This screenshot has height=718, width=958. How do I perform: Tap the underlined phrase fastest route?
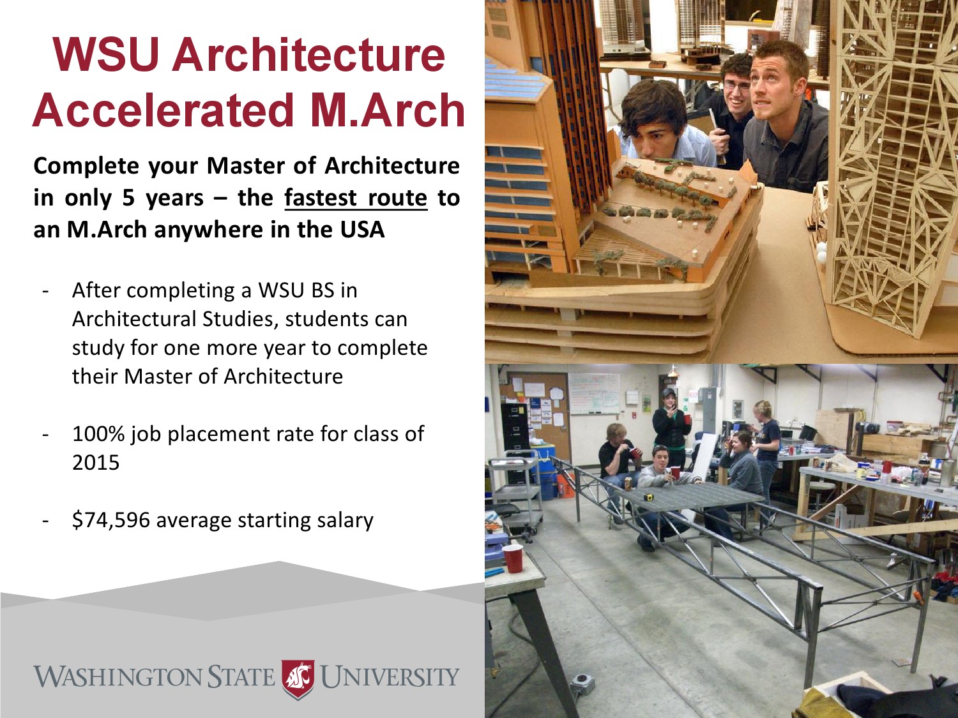[356, 198]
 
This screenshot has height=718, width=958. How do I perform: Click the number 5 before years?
[128, 198]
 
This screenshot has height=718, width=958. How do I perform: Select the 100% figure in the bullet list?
[98, 434]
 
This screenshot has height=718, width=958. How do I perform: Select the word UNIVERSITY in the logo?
[390, 677]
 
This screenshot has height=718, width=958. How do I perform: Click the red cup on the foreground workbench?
[513, 558]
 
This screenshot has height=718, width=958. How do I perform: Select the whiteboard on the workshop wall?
[593, 393]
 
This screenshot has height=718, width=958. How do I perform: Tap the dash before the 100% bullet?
[45, 435]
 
